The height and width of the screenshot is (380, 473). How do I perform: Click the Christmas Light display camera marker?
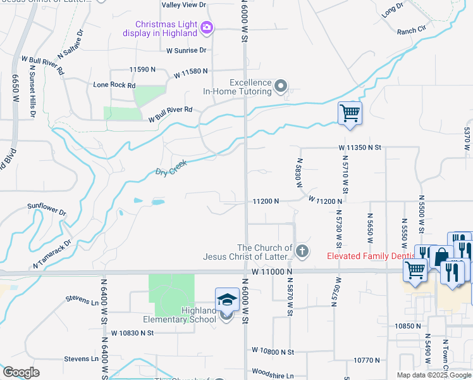pyautogui.click(x=207, y=27)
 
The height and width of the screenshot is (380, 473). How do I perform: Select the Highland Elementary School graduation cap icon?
pyautogui.click(x=227, y=300)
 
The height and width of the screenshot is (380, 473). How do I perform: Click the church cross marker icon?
pyautogui.click(x=302, y=251)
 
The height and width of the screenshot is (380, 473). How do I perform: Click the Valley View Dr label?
pyautogui.click(x=184, y=5)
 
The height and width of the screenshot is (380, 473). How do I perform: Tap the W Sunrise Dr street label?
pyautogui.click(x=187, y=50)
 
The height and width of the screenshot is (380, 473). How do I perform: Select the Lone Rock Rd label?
pyautogui.click(x=114, y=85)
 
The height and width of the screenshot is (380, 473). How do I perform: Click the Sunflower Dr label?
pyautogui.click(x=47, y=208)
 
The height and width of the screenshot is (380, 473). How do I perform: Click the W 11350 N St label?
pyautogui.click(x=360, y=148)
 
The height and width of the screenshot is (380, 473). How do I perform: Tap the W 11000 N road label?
pyautogui.click(x=273, y=271)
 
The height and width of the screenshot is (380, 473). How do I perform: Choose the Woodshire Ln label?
pyautogui.click(x=273, y=376)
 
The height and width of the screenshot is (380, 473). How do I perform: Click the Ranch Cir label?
pyautogui.click(x=412, y=30)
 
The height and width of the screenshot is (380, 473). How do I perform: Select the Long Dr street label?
pyautogui.click(x=392, y=9)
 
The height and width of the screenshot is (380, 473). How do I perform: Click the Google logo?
pyautogui.click(x=21, y=372)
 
